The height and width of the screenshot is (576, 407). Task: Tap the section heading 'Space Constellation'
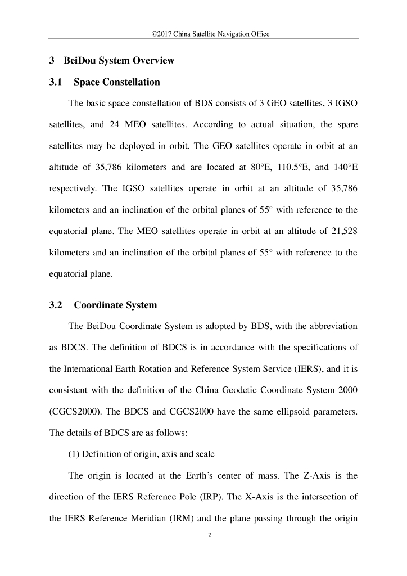(x=117, y=82)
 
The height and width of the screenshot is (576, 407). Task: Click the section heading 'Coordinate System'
(x=115, y=305)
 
